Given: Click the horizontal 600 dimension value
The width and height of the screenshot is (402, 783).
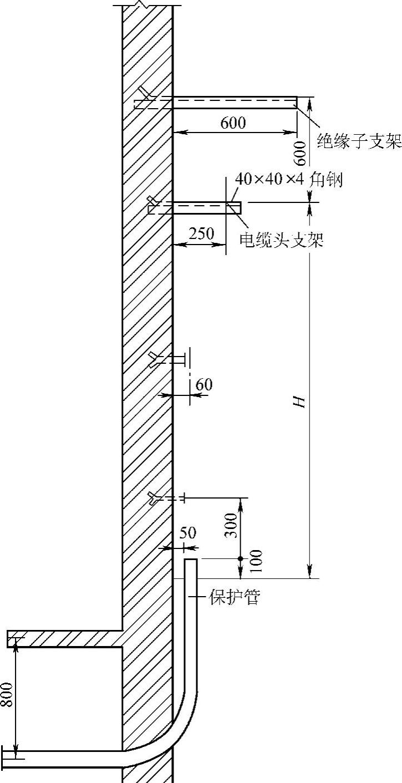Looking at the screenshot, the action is [x=233, y=123].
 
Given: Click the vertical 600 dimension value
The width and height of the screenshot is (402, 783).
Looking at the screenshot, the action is [x=301, y=153].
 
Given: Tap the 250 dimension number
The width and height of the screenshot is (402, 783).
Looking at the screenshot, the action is [x=201, y=233].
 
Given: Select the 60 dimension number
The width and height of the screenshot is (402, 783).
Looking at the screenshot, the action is [x=204, y=384].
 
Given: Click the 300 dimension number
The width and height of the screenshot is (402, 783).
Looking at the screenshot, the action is [x=231, y=525].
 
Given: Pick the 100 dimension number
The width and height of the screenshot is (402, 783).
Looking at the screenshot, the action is [x=256, y=561].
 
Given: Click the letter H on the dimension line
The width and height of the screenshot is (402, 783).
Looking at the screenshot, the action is [x=300, y=401].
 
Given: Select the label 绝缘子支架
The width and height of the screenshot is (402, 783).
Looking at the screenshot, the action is [x=359, y=141].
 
